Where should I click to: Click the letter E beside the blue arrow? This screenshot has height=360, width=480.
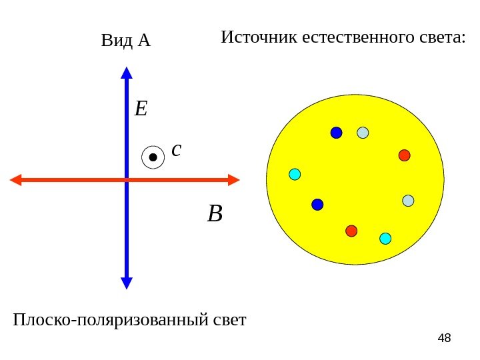coord(141,108)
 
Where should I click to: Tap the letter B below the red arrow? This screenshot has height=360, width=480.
coord(215,215)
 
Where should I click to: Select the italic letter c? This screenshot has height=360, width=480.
coord(176,150)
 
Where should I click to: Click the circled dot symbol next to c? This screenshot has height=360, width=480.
coord(153,158)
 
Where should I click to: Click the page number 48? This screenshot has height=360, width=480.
coord(444,339)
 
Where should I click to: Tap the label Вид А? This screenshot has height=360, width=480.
coord(126,42)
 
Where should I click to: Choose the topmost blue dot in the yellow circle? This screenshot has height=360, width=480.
coord(336,133)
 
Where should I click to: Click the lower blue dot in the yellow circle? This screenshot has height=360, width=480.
coord(317,204)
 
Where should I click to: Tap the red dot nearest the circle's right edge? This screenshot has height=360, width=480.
coord(404,155)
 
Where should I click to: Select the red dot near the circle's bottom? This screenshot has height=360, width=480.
coord(351,231)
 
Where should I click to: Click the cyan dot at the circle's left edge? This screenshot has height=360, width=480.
coord(295,174)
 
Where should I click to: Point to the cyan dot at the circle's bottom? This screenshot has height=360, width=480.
coord(385,238)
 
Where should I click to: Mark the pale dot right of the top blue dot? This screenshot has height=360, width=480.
coord(363,133)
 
